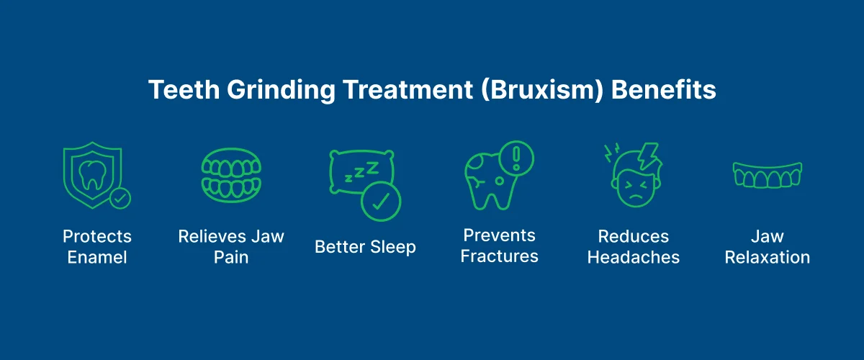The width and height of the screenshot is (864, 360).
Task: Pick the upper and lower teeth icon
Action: (x=231, y=176)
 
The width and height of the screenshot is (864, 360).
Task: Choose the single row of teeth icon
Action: (x=767, y=176)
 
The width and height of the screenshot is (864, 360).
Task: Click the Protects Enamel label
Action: (x=97, y=247)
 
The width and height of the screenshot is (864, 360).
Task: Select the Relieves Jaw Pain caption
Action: (x=231, y=247)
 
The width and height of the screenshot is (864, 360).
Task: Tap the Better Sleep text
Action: (x=365, y=247)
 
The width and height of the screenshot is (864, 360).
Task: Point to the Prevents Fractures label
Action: (x=500, y=246)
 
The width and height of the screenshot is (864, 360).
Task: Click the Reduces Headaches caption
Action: (x=634, y=247)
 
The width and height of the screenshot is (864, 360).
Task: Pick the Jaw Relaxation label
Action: (x=768, y=247)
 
